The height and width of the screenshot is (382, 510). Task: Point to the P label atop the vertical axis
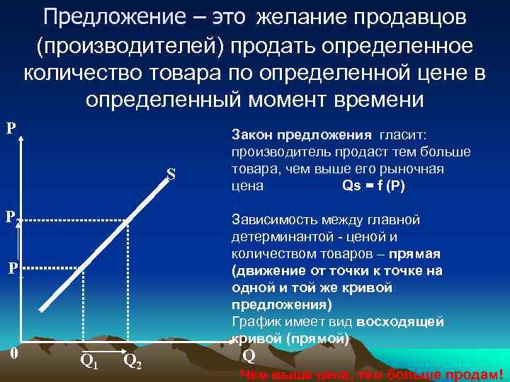[x=11, y=129]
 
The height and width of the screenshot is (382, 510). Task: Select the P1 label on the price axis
[x=14, y=269]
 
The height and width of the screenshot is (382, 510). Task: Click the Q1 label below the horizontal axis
[x=89, y=361]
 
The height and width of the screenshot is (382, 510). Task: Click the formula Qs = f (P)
[x=373, y=187]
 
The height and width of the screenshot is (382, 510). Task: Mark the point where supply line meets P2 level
[x=128, y=220]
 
